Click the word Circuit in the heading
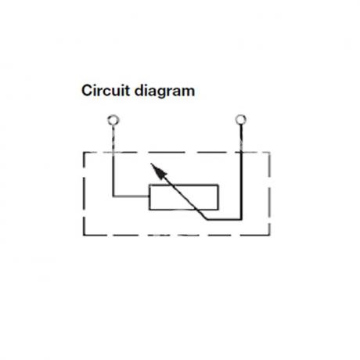click(106, 91)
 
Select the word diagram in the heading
click(164, 92)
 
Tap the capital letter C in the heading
click(87, 91)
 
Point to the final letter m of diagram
click(189, 92)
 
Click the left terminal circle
click(113, 121)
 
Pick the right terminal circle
click(240, 120)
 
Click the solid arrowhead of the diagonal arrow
click(159, 171)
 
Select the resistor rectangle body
click(184, 197)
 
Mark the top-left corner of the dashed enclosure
click(84, 153)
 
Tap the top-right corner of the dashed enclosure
click(270, 153)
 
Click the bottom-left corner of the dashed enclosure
click(84, 236)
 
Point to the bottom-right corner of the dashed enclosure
click(270, 236)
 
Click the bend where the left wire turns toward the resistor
click(113, 196)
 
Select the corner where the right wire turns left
click(241, 219)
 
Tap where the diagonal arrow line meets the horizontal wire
click(207, 219)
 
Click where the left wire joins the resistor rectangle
click(149, 196)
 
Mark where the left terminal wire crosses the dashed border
click(113, 153)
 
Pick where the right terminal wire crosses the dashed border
click(241, 153)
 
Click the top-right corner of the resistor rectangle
click(218, 185)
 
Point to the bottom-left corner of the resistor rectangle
click(149, 210)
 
